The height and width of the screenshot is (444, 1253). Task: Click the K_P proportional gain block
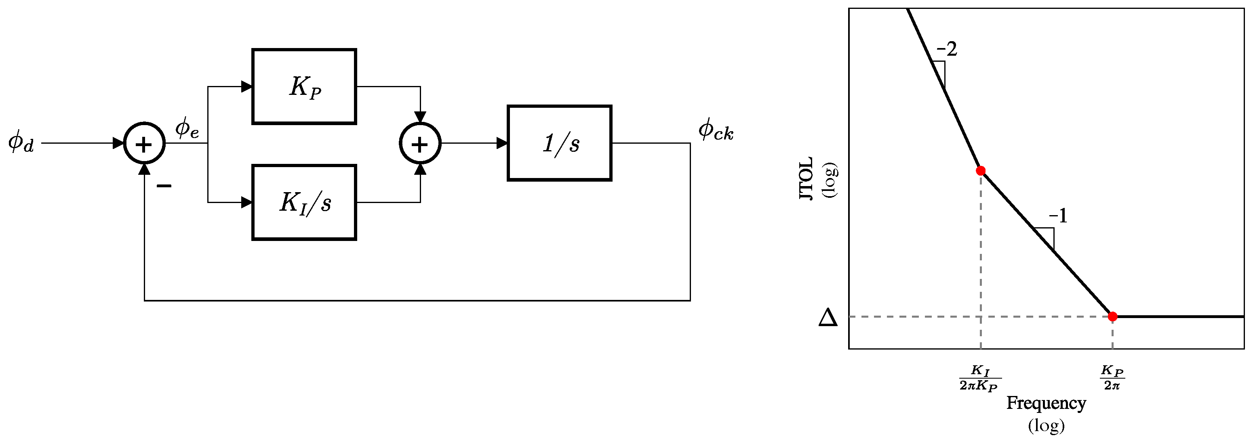304,86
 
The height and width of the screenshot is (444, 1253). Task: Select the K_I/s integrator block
304,202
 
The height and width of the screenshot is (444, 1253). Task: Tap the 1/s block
559,143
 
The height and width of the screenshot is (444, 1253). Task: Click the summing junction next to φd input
145,143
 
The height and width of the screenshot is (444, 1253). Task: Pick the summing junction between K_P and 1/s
420,143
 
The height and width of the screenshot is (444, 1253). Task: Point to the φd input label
21,141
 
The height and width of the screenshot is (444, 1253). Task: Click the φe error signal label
187,128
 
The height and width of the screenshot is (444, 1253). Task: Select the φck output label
716,130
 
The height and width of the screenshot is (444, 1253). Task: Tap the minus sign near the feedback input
164,186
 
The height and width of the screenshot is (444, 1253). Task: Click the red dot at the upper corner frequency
981,170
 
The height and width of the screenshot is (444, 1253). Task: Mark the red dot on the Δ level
1112,317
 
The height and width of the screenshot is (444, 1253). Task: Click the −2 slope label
947,49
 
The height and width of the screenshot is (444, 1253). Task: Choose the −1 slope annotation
1058,216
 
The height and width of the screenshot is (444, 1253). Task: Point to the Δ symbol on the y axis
828,318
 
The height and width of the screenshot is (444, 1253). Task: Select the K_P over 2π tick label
1112,378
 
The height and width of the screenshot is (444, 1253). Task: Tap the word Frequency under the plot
1046,403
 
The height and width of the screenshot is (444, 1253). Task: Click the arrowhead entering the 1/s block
502,143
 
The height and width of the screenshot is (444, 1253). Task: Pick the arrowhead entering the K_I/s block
247,202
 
